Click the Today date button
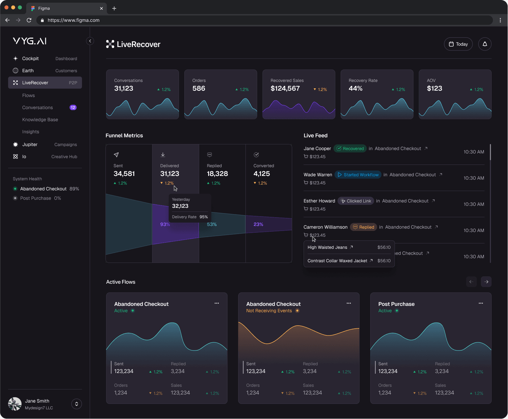[x=458, y=44]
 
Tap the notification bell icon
[x=484, y=44]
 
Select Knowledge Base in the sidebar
[x=40, y=120]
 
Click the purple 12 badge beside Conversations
[x=73, y=107]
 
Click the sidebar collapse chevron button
[x=90, y=41]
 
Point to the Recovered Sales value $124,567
[x=285, y=88]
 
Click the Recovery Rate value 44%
[x=355, y=88]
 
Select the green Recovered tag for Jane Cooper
[x=350, y=148]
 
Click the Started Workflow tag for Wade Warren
[x=358, y=175]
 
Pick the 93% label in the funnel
[x=165, y=224]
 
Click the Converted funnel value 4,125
[x=262, y=174]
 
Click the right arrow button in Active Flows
[x=486, y=282]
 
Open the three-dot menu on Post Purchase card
[x=480, y=303]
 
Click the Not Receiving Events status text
[x=269, y=311]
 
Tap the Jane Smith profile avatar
[x=15, y=404]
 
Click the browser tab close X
[x=101, y=8]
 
